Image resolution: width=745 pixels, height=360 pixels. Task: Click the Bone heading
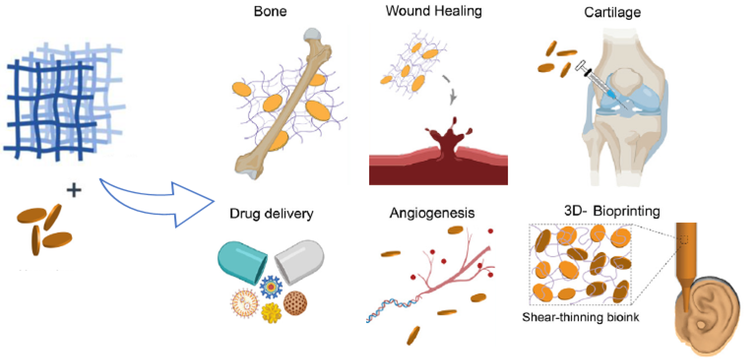pos(270,12)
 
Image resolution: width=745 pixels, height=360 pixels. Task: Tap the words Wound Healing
pos(433,11)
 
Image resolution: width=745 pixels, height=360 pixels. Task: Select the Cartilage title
pos(612,12)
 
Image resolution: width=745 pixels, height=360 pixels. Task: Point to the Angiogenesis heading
pos(432,213)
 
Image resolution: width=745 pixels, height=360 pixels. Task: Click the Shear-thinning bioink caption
pos(580,317)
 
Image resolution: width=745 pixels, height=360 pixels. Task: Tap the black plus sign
pos(74,190)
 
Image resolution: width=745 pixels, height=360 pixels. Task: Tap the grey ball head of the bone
pos(312,35)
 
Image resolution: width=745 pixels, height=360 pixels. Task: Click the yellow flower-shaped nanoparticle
pos(271,313)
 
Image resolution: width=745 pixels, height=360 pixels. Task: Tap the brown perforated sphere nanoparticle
pos(295,303)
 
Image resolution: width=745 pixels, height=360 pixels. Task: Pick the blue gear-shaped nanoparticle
pos(271,287)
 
